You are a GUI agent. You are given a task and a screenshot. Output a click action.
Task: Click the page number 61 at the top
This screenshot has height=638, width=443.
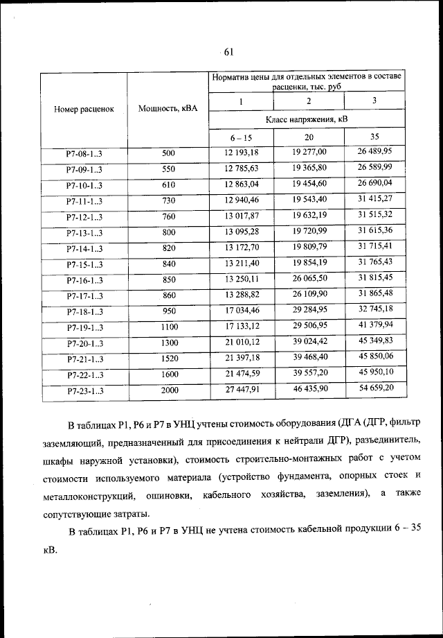(x=229, y=50)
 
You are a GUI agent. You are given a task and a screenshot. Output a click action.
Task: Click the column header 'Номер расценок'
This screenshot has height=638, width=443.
(x=84, y=108)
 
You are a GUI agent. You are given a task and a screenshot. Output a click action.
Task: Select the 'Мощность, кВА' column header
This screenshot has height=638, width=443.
(x=168, y=108)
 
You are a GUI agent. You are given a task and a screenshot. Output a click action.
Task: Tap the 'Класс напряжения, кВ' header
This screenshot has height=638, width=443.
(x=307, y=119)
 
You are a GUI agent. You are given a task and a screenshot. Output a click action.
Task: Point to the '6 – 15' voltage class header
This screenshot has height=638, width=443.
(x=241, y=137)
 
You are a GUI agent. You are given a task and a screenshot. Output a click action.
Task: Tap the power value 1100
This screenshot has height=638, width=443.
(x=170, y=327)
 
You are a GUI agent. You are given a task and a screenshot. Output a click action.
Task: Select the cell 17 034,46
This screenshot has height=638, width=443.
(x=241, y=311)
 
